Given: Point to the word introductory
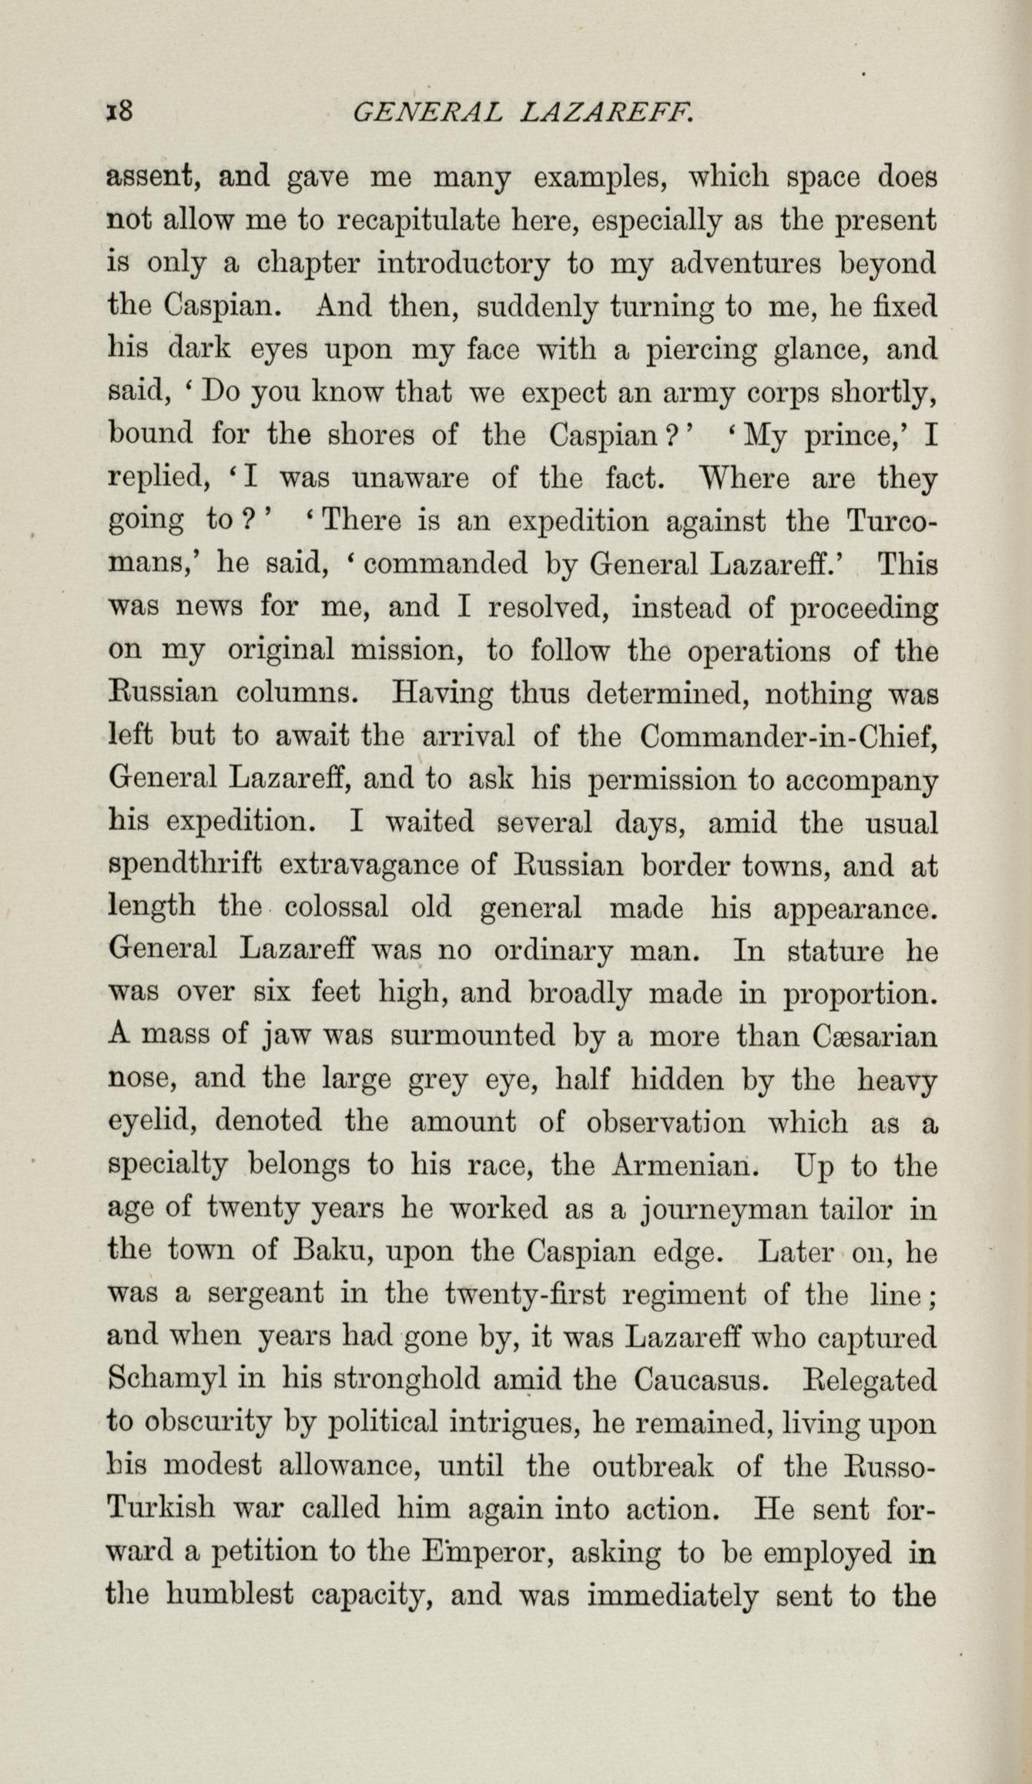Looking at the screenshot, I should tap(464, 264).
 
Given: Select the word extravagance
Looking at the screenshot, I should tap(370, 866).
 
